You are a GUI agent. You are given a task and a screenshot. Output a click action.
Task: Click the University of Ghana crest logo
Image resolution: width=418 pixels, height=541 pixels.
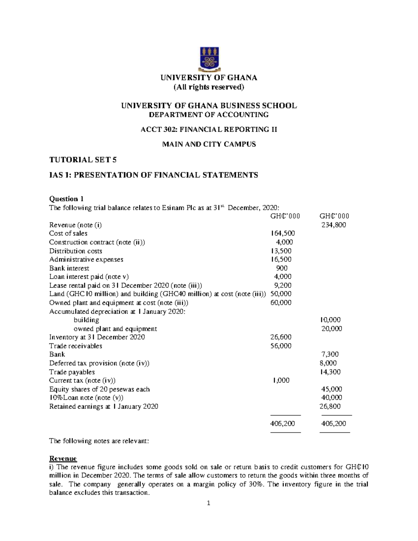tap(209, 58)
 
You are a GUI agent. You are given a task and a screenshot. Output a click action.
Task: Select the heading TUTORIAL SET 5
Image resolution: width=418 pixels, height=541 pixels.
tap(83, 160)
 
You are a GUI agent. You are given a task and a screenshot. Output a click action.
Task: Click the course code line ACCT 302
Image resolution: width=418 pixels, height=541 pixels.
tap(209, 130)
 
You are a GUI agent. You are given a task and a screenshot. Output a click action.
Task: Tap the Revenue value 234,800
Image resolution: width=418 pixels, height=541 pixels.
tap(333, 225)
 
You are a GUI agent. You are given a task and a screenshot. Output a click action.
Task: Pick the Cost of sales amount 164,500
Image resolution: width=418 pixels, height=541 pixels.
tap(282, 233)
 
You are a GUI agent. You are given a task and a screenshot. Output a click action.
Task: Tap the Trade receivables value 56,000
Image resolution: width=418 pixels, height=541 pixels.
tap(281, 346)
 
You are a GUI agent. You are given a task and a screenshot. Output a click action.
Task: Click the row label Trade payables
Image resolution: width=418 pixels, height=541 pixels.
tap(72, 372)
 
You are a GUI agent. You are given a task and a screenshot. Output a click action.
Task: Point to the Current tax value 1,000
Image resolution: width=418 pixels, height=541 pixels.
tap(281, 380)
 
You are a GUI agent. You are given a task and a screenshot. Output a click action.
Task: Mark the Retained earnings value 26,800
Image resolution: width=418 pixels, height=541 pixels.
tap(330, 407)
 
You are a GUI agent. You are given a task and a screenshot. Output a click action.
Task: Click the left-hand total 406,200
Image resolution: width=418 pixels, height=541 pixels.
tap(282, 424)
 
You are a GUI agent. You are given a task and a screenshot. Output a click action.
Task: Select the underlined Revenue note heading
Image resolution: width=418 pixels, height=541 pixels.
tap(63, 458)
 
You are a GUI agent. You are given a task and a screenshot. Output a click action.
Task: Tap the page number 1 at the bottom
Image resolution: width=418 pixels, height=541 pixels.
tap(209, 503)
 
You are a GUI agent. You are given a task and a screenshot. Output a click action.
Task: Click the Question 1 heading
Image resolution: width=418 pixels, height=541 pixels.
tap(66, 199)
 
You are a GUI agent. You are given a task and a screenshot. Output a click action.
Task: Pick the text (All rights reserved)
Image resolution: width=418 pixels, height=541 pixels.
tap(209, 87)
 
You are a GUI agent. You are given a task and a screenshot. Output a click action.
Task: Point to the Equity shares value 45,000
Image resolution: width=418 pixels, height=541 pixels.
tap(331, 389)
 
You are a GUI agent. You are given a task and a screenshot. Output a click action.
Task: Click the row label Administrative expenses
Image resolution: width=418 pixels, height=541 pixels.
tap(86, 260)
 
